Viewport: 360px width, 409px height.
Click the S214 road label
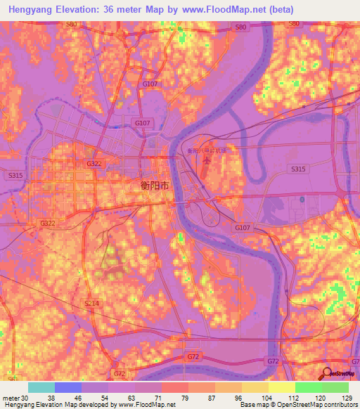(x=93, y=303)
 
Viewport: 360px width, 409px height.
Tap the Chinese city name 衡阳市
(x=150, y=186)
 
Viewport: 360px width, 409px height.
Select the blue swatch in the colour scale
(x=68, y=387)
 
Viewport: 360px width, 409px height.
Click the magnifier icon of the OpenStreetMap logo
(x=328, y=374)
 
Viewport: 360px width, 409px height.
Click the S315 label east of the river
(x=298, y=169)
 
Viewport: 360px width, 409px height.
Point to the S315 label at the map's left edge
(x=15, y=175)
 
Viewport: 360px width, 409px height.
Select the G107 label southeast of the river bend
(x=242, y=228)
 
